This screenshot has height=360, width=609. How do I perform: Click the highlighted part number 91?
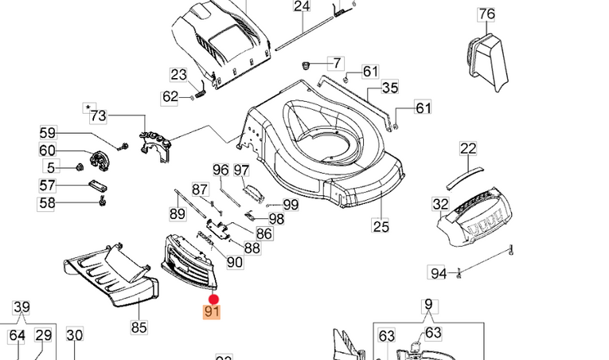pos(212,311)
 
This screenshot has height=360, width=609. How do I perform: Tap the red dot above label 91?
pos(213,299)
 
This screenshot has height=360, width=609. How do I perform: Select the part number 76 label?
pos(486,14)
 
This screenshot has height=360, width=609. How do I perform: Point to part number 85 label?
pos(139,326)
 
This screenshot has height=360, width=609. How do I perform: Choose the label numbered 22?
pos(468,148)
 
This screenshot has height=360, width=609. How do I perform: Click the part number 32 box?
pos(441,204)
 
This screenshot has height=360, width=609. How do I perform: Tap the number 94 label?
pos(439,273)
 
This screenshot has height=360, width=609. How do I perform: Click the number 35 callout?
pos(390,87)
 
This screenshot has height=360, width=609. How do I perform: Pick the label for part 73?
pos(98,116)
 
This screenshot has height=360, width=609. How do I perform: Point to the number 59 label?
pos(48,133)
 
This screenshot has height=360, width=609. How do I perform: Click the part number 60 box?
pos(48,151)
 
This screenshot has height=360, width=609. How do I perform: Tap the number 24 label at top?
pos(301,6)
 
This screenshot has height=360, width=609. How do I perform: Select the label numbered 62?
pos(170,96)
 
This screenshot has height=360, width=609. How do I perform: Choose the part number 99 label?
pos(291,205)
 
